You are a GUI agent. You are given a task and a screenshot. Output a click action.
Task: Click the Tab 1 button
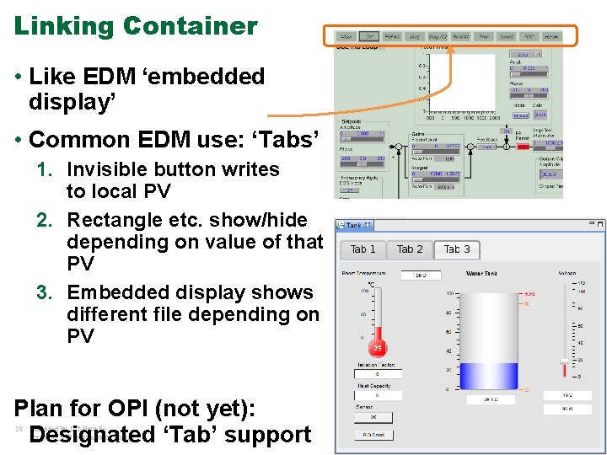(x=363, y=249)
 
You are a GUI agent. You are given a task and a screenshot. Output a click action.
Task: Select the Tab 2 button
(x=410, y=249)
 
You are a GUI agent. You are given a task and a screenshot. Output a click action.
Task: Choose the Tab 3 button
(x=457, y=249)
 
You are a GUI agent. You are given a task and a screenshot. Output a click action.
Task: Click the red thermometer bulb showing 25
(x=379, y=348)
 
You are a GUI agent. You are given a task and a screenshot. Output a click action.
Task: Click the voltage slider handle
(x=564, y=361)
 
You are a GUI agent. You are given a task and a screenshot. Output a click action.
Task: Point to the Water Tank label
(x=481, y=273)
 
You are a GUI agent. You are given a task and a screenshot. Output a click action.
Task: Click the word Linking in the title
(x=64, y=26)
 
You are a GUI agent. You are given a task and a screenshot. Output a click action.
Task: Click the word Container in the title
(x=190, y=26)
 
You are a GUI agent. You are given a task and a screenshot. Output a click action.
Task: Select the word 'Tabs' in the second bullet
(x=291, y=139)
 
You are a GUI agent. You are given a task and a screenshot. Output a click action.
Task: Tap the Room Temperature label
(x=363, y=273)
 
